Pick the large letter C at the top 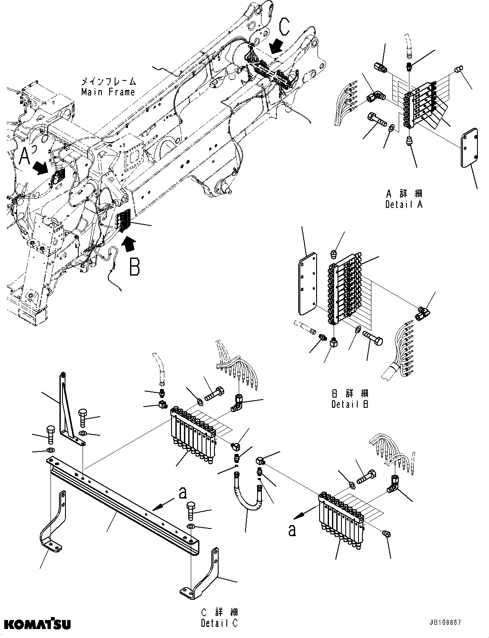coord(285,26)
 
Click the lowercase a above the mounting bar coord(182,493)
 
